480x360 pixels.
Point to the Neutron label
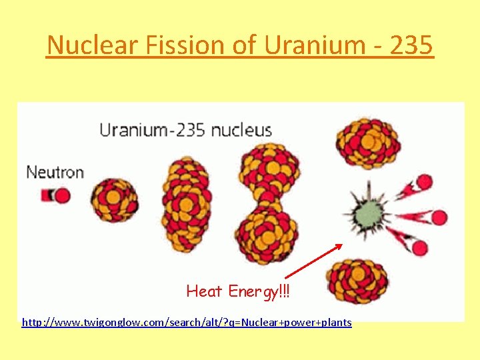click(55, 172)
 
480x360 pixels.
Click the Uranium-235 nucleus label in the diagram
click(185, 129)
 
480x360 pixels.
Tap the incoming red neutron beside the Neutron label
click(61, 195)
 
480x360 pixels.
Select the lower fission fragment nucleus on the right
click(358, 281)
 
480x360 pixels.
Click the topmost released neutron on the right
click(425, 182)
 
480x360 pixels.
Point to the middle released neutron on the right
click(439, 217)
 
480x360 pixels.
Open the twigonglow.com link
click(187, 323)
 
